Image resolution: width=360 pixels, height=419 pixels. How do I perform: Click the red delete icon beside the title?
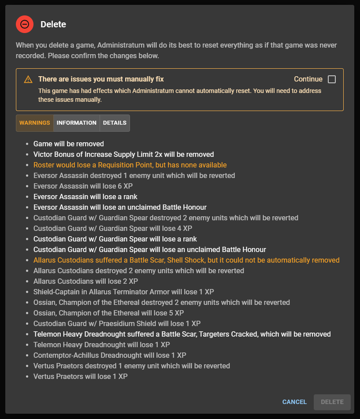click(25, 24)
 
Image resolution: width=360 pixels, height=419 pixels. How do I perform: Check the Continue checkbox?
click(332, 79)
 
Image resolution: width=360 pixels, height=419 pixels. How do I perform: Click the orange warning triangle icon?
click(28, 79)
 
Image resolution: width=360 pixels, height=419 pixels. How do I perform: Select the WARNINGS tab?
click(35, 123)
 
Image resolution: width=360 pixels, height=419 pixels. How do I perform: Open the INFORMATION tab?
click(77, 123)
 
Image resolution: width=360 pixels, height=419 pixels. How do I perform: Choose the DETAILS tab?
click(115, 123)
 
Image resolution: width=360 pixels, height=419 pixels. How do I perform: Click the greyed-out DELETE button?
click(332, 402)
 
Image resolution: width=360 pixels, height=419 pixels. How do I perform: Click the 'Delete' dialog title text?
click(53, 24)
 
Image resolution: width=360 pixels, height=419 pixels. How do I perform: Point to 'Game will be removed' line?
click(69, 144)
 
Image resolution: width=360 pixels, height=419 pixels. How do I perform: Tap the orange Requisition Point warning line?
click(130, 165)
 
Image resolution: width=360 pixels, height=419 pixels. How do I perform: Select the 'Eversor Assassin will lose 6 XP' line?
click(83, 186)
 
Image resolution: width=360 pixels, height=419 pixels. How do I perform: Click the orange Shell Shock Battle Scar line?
click(186, 260)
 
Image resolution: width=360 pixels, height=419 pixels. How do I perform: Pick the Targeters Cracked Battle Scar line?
click(182, 334)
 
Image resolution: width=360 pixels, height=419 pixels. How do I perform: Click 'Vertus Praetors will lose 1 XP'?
click(81, 376)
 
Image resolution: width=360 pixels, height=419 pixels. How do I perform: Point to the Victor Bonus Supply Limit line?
click(123, 154)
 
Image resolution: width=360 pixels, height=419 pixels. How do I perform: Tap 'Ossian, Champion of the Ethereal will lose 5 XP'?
click(108, 313)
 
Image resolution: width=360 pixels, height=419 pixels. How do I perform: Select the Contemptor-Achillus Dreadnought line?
click(110, 355)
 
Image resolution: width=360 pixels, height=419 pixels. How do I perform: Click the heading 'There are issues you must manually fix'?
click(101, 79)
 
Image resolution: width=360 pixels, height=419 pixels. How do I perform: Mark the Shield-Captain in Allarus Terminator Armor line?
click(124, 292)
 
